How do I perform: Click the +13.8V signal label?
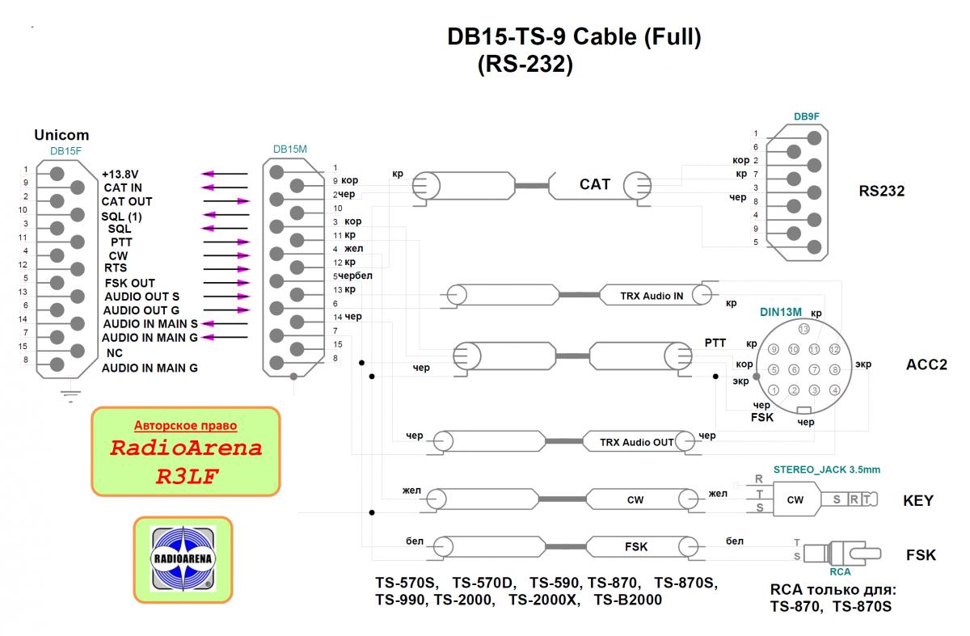[120, 174]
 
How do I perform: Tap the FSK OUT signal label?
[130, 284]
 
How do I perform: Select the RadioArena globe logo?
[183, 558]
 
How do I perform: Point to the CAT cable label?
[595, 185]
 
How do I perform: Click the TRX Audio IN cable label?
[652, 296]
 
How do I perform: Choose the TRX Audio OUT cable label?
[637, 442]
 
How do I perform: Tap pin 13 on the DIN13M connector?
[803, 329]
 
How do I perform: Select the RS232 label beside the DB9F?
[882, 192]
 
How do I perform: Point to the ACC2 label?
[926, 364]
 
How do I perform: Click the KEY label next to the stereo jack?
[918, 501]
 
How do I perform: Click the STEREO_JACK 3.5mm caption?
[826, 469]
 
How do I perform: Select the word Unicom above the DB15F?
[61, 135]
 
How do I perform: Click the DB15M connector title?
[290, 150]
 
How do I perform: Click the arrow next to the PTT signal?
[226, 242]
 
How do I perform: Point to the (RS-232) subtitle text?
[525, 65]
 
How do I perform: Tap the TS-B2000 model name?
[628, 600]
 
